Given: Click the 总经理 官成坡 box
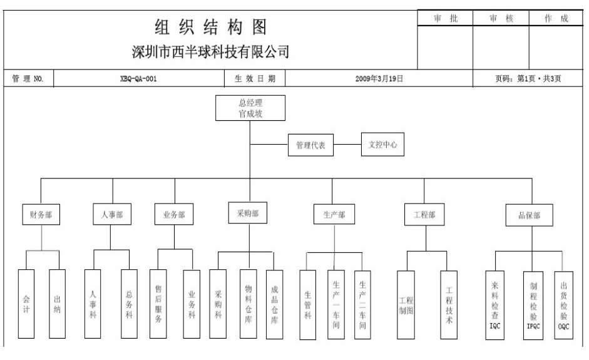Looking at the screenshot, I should coord(250,108).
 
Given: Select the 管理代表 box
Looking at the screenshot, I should coord(311,146).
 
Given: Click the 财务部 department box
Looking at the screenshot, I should coord(41,214).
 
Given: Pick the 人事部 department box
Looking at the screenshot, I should coord(113,214).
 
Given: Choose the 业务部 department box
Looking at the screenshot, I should coord(173,214).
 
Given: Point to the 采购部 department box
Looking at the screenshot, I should coord(247,213).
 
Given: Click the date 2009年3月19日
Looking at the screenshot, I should coord(379,79).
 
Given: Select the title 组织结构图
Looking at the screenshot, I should coord(211,27).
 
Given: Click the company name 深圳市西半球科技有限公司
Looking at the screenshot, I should coord(211,51).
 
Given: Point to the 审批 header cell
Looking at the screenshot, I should coord(445,19).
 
